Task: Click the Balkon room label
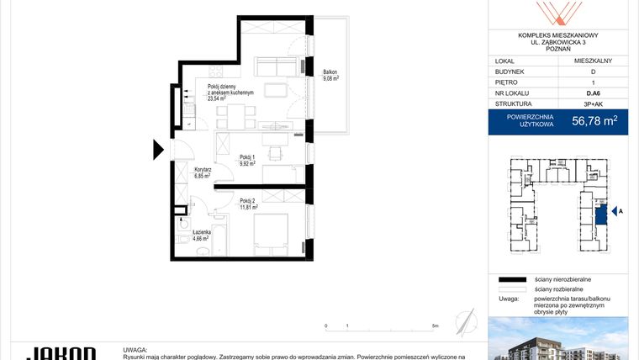pyautogui.click(x=330, y=72)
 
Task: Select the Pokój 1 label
pyautogui.click(x=246, y=156)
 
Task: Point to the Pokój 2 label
pyautogui.click(x=246, y=200)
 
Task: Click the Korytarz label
pyautogui.click(x=202, y=170)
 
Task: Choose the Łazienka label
pyautogui.click(x=199, y=232)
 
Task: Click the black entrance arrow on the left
pyautogui.click(x=158, y=151)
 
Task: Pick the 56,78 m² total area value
pyautogui.click(x=594, y=121)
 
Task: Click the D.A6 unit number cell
pyautogui.click(x=594, y=95)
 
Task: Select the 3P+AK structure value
pyautogui.click(x=594, y=106)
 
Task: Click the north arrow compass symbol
pyautogui.click(x=464, y=320)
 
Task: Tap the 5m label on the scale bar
pyautogui.click(x=434, y=325)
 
